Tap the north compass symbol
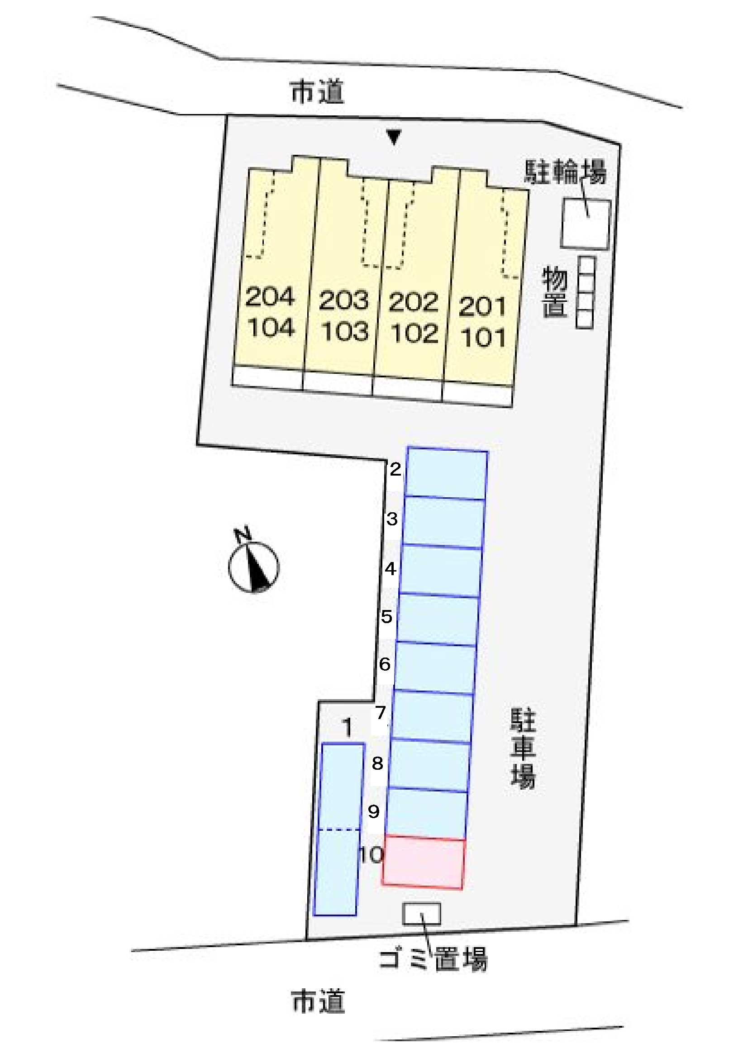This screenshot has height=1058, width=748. pyautogui.click(x=253, y=565)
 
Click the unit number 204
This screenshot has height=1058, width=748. pyautogui.click(x=270, y=297)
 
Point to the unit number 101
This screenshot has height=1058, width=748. pyautogui.click(x=483, y=338)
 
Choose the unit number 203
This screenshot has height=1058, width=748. pyautogui.click(x=344, y=301)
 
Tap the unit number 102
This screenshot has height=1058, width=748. pyautogui.click(x=414, y=334)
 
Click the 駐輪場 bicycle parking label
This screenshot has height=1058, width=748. pyautogui.click(x=565, y=172)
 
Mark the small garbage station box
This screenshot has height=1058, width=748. pyautogui.click(x=422, y=913)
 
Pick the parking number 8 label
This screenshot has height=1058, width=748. pyautogui.click(x=377, y=763)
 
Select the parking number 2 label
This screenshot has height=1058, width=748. pyautogui.click(x=395, y=470)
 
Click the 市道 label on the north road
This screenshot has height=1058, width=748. pyautogui.click(x=318, y=92)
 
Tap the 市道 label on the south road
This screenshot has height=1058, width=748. pyautogui.click(x=319, y=1001)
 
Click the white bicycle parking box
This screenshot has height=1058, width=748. pyautogui.click(x=586, y=224)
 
